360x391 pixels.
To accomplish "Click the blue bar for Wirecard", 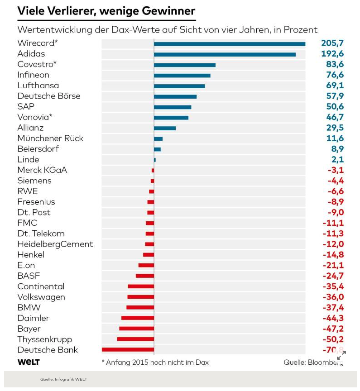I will pos(229,44).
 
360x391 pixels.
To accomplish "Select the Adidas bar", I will pos(225,54).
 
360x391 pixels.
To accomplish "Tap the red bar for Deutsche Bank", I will pos(128,349).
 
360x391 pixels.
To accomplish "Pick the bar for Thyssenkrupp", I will pos(135,339).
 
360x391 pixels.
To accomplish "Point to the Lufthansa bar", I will pos(179,86).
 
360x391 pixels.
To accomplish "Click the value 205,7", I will pos(332,43).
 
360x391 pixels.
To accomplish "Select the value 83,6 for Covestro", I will pos(335,65).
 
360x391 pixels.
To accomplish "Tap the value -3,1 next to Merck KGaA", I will pos(336,170).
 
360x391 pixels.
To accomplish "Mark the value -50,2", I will pos(333,339).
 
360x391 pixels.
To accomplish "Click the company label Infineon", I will pos(33,75).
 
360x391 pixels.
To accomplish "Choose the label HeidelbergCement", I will pos(55,244).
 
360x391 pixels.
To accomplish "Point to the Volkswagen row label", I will pos(41,297).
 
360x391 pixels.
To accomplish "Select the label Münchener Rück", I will pos(50,138).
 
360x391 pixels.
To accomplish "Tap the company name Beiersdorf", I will pos(38,149).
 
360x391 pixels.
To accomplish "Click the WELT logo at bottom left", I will pos(29,362).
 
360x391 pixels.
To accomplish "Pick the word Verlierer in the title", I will pos(74,10).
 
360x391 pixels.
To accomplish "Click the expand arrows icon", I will pos(341,355).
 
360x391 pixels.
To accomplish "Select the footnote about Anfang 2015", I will pos(155,362).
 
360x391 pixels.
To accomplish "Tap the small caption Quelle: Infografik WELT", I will pos(63,379).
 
